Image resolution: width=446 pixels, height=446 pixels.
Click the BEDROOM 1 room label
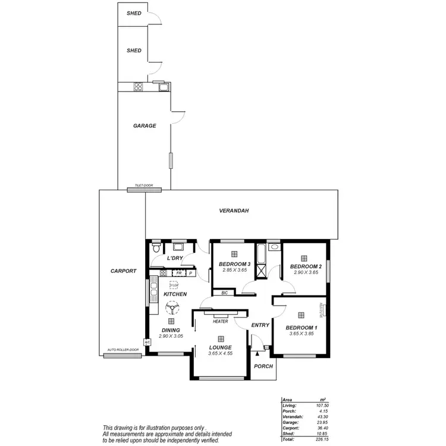point(301,328)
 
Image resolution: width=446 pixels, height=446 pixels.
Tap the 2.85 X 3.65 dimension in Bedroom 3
point(234,270)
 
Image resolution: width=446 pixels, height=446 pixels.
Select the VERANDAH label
point(233,211)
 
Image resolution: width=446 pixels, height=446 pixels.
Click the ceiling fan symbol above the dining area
point(171,308)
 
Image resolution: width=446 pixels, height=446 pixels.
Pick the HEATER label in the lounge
point(221,322)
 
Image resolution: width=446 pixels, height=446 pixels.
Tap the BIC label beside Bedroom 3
point(224,293)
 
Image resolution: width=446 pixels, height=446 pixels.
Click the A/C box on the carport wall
point(147,343)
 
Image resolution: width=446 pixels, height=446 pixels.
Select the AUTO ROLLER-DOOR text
point(123,350)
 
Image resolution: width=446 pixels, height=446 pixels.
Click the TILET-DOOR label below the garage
point(144,186)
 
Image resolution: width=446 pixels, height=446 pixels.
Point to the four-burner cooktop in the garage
point(139,87)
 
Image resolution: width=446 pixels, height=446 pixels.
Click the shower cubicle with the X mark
point(260,271)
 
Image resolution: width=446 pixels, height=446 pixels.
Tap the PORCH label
point(263,366)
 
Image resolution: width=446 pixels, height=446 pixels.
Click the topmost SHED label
point(134,13)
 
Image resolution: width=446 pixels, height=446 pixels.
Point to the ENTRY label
point(260,325)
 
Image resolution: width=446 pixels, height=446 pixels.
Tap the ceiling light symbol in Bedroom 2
point(304,257)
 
